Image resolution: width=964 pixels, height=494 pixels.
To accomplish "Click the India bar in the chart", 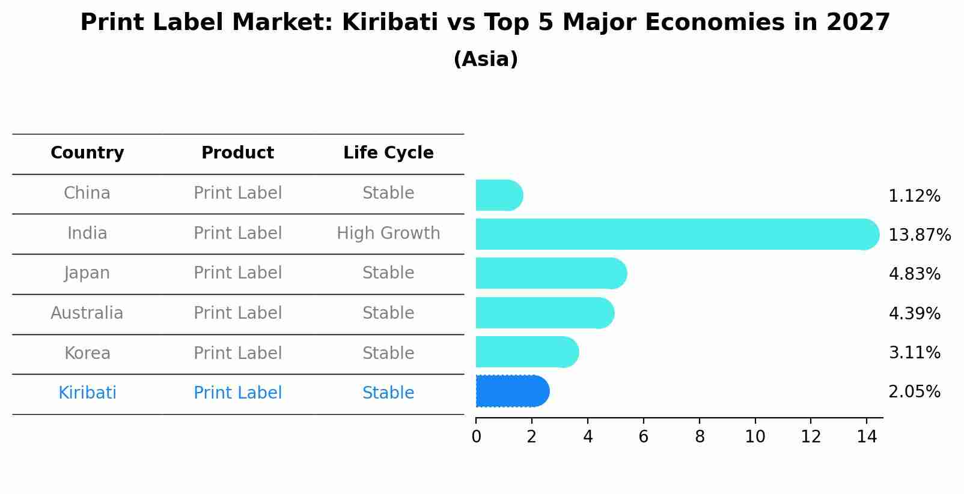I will pyautogui.click(x=676, y=234).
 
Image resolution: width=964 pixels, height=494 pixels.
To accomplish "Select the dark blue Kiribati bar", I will pyautogui.click(x=512, y=391).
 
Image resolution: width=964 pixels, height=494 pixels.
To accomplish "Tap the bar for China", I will pyautogui.click(x=499, y=195).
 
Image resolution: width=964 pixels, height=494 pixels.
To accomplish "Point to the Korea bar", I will pyautogui.click(x=526, y=352).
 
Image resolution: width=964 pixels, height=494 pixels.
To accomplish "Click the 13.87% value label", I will pyautogui.click(x=920, y=235).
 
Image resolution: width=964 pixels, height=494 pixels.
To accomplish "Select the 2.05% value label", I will pyautogui.click(x=914, y=392).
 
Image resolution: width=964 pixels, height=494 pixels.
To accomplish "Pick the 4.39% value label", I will pyautogui.click(x=914, y=313).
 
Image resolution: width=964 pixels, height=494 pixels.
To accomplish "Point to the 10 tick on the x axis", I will pyautogui.click(x=755, y=437).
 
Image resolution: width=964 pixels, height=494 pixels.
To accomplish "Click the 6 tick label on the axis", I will pyautogui.click(x=643, y=437).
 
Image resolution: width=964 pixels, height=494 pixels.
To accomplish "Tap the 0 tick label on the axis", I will pyautogui.click(x=476, y=437).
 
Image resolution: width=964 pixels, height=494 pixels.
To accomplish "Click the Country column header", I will pyautogui.click(x=87, y=153).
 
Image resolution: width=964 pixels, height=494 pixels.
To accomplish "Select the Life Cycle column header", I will pyautogui.click(x=388, y=153).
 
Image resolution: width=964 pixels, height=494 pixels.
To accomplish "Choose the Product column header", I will pyautogui.click(x=237, y=153).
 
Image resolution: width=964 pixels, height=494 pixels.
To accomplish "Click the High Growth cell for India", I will pyautogui.click(x=388, y=233).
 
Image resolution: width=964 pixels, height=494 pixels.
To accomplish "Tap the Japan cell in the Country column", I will pyautogui.click(x=87, y=273).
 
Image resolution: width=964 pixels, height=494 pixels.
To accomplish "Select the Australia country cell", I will pyautogui.click(x=87, y=313).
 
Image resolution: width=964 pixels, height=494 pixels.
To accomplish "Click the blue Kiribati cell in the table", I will pyautogui.click(x=87, y=393).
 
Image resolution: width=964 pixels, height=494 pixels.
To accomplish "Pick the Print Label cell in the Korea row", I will pyautogui.click(x=237, y=353).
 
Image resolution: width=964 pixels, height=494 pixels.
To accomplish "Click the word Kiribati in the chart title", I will pyautogui.click(x=389, y=23).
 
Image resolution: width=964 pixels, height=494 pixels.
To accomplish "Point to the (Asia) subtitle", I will pyautogui.click(x=486, y=59).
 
